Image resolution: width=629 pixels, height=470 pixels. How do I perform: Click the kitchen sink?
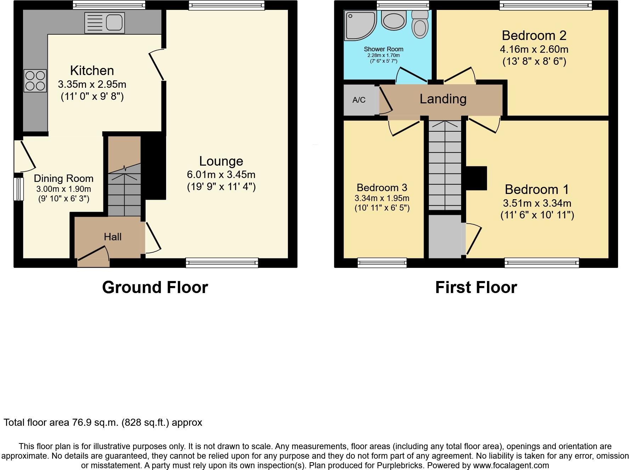tap(104, 23)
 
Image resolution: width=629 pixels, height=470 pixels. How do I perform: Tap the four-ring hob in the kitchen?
tap(35, 81)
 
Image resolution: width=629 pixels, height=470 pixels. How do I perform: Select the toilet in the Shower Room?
tap(420, 24)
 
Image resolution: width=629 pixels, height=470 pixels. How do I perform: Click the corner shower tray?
tap(359, 25)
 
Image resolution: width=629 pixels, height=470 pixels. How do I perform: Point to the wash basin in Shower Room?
tap(393, 20)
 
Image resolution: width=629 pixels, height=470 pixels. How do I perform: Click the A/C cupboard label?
tap(359, 100)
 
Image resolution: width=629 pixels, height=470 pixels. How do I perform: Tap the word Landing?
tap(443, 99)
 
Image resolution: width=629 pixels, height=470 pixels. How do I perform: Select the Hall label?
tap(113, 237)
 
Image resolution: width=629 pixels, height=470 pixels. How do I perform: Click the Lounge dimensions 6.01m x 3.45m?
tap(221, 174)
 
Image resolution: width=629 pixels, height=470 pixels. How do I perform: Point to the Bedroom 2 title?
tap(534, 35)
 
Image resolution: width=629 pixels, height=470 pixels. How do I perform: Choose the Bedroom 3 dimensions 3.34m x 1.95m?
tap(382, 198)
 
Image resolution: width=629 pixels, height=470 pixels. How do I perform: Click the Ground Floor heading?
tap(155, 287)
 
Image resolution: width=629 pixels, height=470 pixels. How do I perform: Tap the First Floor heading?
tap(476, 287)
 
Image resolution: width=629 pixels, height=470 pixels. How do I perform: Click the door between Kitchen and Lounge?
tap(157, 65)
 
